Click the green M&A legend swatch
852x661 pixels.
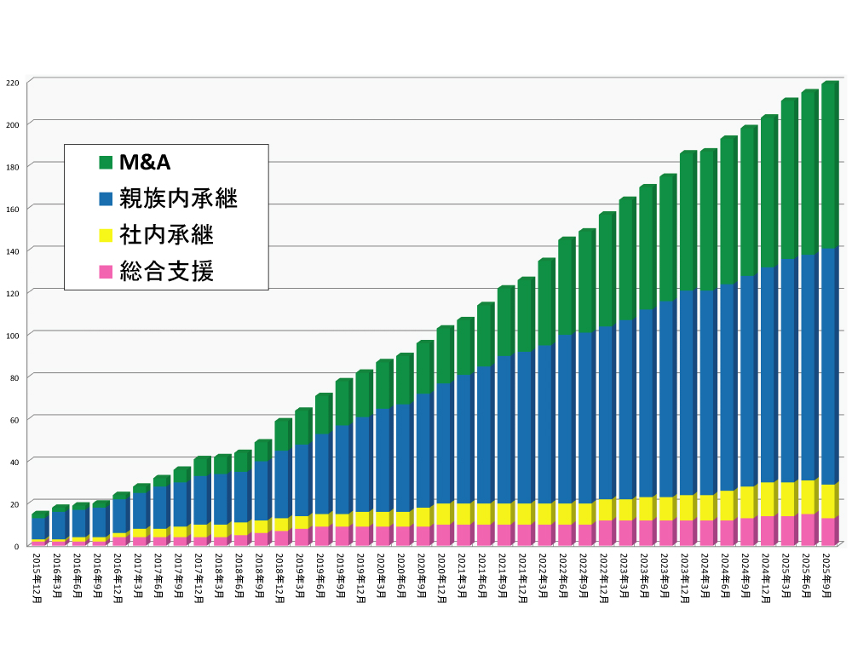click(x=106, y=163)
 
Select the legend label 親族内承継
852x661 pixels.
click(x=178, y=199)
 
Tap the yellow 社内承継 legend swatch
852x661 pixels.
click(x=106, y=236)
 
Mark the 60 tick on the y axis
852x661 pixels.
click(x=14, y=419)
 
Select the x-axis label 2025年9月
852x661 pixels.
click(x=826, y=576)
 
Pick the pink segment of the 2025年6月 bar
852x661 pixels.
click(x=808, y=529)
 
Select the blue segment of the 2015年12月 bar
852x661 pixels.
click(x=37, y=528)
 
